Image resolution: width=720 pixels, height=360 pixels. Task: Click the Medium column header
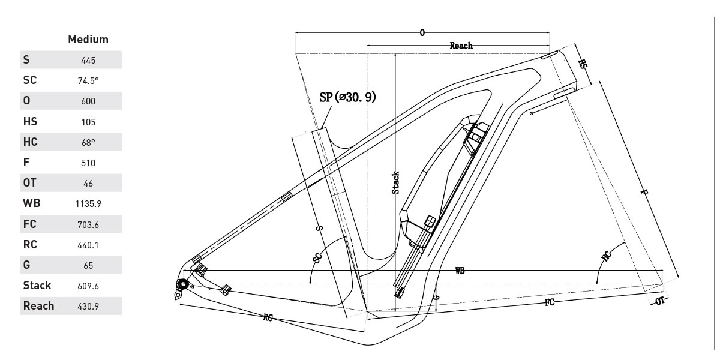88,40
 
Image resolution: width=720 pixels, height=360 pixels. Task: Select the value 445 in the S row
88,60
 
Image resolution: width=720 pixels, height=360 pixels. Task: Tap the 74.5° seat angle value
88,80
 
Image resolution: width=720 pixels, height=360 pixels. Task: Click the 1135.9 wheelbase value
88,204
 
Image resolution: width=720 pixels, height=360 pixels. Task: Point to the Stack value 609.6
88,286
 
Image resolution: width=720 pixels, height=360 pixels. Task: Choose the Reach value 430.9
88,307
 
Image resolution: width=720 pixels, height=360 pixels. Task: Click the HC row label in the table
30,142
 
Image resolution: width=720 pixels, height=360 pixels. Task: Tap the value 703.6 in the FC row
88,224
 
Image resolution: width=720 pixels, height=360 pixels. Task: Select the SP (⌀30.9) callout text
348,97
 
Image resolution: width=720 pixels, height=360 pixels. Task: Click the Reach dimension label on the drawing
461,46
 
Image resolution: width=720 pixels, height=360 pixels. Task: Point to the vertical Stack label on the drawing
395,183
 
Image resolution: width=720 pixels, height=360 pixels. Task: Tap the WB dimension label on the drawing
460,271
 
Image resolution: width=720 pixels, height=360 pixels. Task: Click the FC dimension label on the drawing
549,302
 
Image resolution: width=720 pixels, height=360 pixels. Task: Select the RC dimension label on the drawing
268,317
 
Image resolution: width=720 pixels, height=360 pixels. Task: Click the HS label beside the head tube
582,64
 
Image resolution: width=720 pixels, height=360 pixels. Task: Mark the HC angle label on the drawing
607,257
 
